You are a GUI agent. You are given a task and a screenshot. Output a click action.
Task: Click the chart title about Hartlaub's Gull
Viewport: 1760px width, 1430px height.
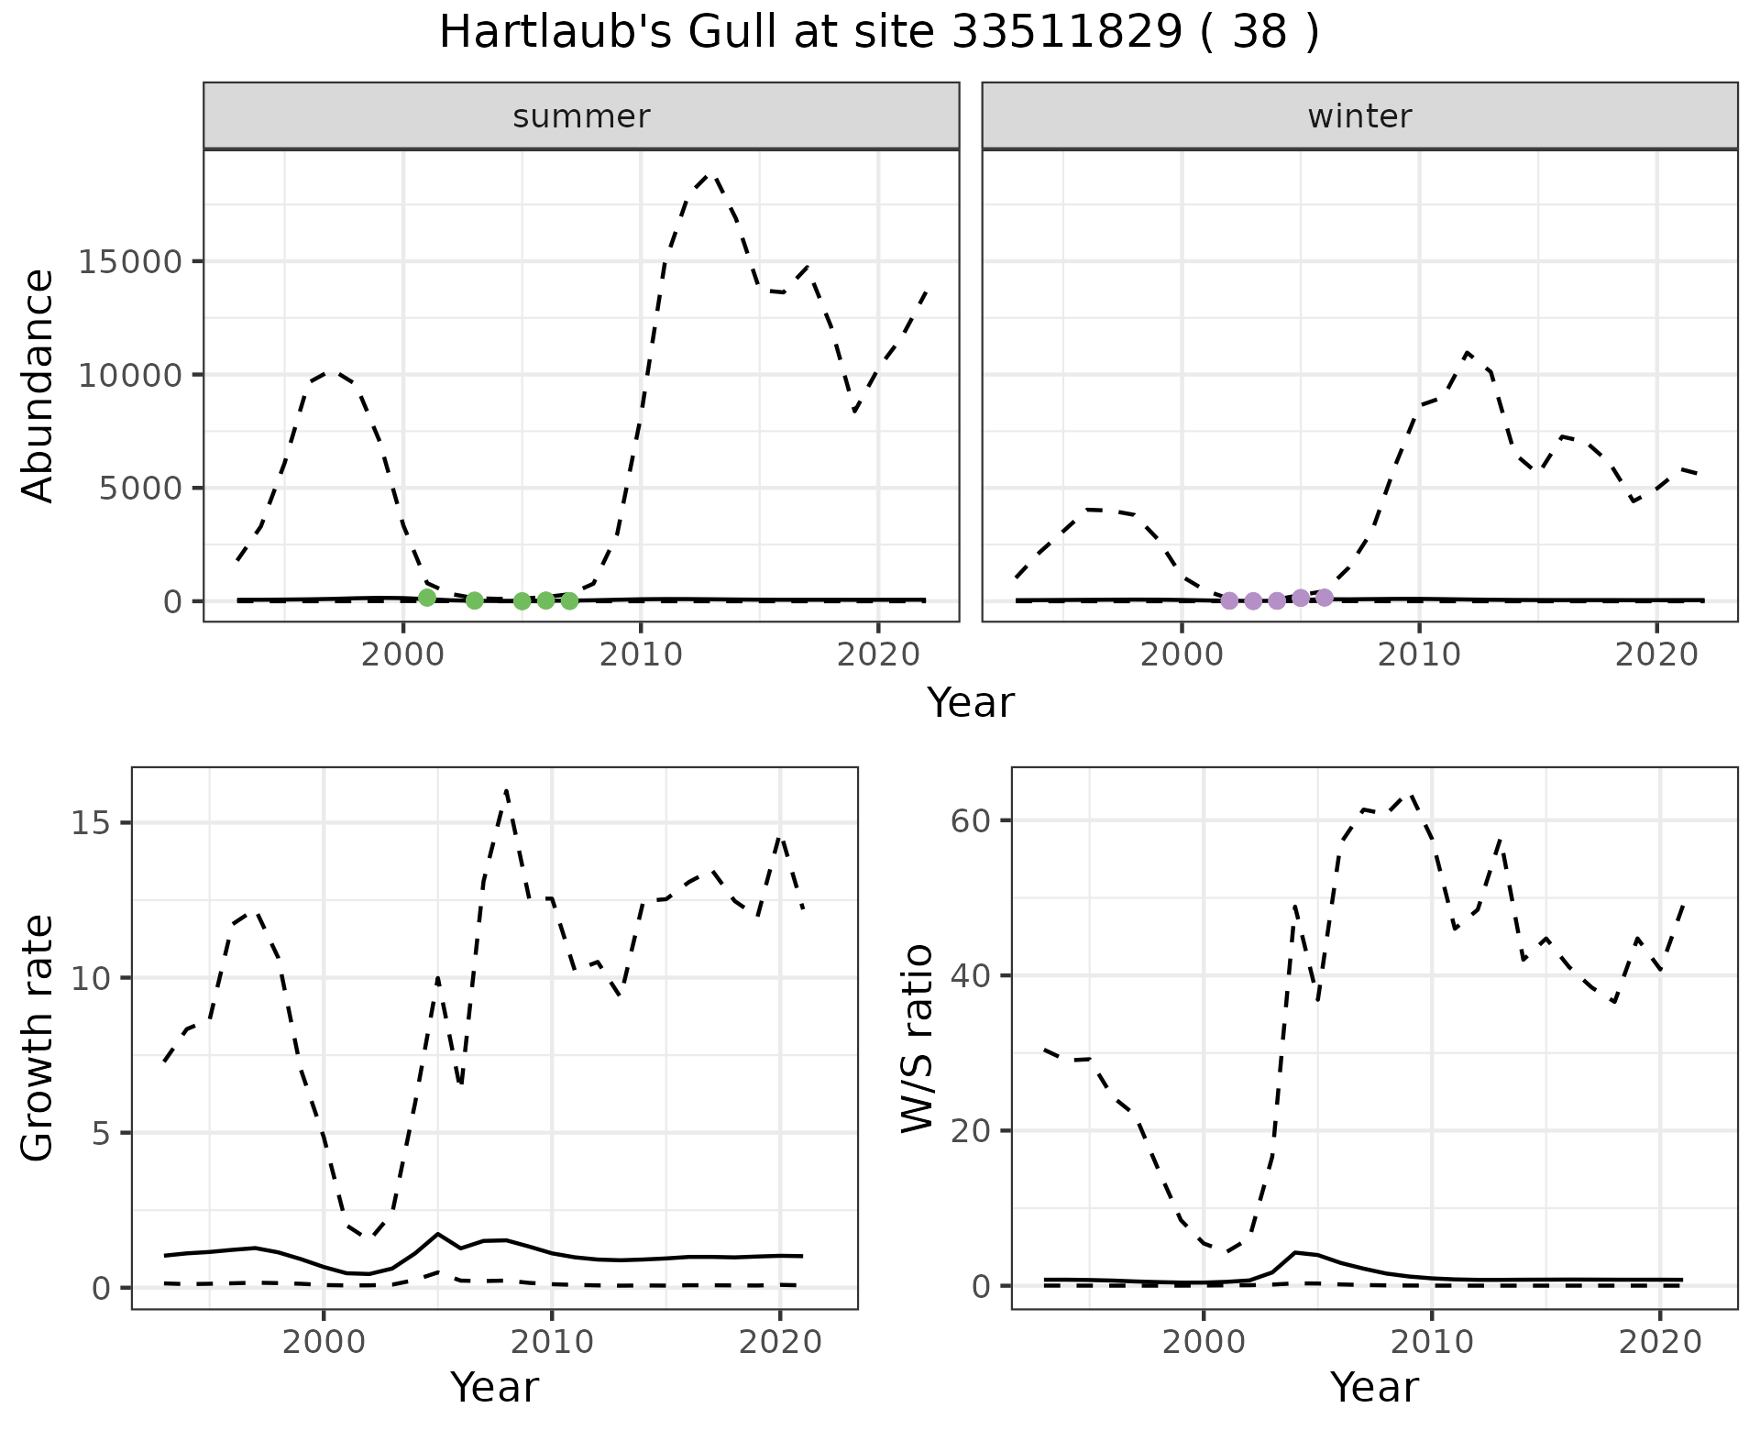[x=879, y=33]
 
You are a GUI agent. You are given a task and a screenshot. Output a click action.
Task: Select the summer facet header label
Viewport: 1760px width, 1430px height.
[x=581, y=116]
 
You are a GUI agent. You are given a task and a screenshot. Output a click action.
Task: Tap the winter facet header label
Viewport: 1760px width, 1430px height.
[x=1359, y=116]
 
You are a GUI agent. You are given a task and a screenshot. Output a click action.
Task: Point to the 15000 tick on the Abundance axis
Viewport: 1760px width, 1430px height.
[x=130, y=262]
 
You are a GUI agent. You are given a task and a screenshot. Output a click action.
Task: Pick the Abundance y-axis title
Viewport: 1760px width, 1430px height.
[x=38, y=385]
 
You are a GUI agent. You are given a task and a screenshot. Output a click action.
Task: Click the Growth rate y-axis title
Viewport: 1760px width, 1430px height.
[x=38, y=1038]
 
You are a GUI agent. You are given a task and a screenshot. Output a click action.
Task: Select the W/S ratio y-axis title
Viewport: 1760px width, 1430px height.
[x=918, y=1038]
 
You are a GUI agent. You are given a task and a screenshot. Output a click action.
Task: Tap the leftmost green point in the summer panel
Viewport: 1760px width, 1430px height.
[x=426, y=598]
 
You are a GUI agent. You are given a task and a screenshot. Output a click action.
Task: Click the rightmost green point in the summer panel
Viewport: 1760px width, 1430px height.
[x=569, y=600]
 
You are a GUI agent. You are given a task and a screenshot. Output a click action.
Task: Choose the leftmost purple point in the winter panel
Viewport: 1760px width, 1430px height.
[x=1229, y=600]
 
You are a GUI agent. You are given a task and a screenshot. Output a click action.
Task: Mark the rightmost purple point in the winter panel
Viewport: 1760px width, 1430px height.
[x=1324, y=598]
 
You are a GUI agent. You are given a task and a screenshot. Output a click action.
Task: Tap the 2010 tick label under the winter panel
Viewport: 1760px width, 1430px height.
[x=1419, y=655]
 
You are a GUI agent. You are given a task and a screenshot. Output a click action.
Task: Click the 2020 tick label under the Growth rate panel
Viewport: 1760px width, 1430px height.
[x=779, y=1343]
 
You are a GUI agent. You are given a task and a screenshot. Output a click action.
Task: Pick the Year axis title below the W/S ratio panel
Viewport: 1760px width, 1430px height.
[x=1374, y=1387]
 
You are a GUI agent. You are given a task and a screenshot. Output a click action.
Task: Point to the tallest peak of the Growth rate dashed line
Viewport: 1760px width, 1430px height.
[x=506, y=790]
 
